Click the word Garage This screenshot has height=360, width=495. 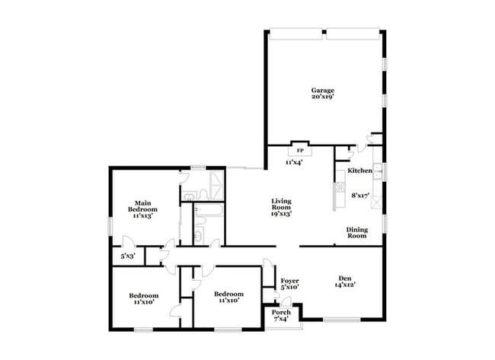322,90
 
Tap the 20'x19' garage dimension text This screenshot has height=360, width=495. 322,97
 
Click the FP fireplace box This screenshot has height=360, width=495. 300,150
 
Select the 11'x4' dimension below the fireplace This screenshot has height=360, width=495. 294,162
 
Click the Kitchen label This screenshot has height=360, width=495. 359,170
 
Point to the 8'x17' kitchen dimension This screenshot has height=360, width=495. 361,195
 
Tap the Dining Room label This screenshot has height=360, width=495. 356,233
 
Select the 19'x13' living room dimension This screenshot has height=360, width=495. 282,215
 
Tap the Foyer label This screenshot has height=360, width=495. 289,280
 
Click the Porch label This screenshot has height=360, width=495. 282,312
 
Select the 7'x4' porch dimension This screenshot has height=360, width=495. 282,319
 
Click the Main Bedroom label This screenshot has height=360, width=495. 142,205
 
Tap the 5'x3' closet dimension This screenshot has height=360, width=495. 128,256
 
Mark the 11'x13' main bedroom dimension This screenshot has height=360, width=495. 142,216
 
